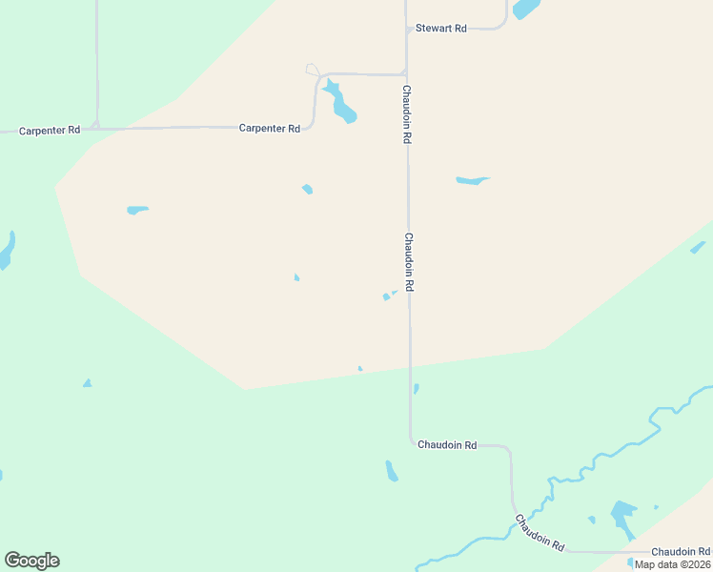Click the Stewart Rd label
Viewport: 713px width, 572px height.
click(x=440, y=29)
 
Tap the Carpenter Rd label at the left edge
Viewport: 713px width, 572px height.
click(x=50, y=130)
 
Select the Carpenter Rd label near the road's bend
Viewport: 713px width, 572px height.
click(x=269, y=128)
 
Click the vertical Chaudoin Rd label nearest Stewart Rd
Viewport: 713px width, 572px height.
click(x=406, y=114)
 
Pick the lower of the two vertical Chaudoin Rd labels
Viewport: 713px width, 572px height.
click(x=409, y=262)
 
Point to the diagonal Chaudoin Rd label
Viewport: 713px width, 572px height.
click(x=540, y=533)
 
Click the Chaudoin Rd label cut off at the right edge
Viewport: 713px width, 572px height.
click(x=681, y=552)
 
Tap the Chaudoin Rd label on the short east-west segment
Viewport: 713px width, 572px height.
click(x=446, y=445)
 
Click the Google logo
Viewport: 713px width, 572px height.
click(x=31, y=561)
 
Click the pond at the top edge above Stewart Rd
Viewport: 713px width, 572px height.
click(x=525, y=9)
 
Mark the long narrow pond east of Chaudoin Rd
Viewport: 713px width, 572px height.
click(x=472, y=180)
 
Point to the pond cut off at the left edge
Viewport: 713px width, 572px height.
click(x=6, y=250)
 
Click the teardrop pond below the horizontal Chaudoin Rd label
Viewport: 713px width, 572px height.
click(x=391, y=471)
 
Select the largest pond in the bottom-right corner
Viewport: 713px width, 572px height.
click(x=623, y=518)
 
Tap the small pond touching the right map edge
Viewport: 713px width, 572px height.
click(x=699, y=247)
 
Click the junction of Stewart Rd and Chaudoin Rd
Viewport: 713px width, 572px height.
click(x=407, y=30)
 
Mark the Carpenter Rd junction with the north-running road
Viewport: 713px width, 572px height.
click(x=96, y=126)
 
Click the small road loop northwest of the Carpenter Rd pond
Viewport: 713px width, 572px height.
click(x=313, y=70)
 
